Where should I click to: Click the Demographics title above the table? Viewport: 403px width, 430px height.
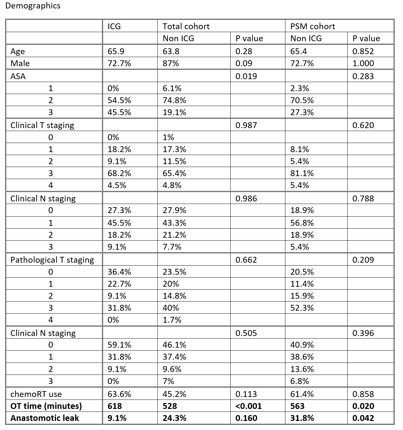click(x=33, y=6)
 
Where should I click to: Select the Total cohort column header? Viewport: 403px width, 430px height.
click(x=186, y=26)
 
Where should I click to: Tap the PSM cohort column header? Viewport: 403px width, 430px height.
click(x=313, y=26)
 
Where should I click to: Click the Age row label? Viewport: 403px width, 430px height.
click(x=17, y=51)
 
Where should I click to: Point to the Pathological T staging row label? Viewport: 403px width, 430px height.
click(x=52, y=260)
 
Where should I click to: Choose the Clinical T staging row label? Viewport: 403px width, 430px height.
click(x=42, y=125)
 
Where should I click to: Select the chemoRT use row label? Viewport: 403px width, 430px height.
click(x=36, y=394)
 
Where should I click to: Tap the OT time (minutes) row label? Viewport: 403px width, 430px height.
click(x=46, y=406)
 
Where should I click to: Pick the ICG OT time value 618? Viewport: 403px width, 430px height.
click(x=114, y=406)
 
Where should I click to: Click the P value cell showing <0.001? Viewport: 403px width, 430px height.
click(x=248, y=406)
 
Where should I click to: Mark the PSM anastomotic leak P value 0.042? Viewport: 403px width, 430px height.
click(x=363, y=418)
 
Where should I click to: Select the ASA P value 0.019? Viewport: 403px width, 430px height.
click(x=246, y=76)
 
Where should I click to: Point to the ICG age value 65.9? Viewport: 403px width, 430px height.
click(x=115, y=51)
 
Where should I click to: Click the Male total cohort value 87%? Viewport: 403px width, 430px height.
click(x=171, y=63)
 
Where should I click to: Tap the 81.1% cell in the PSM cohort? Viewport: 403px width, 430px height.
click(x=302, y=173)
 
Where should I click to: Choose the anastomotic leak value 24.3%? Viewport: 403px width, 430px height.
click(x=174, y=418)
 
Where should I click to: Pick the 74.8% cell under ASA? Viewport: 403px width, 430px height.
click(x=174, y=100)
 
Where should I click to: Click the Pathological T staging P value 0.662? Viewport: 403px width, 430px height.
click(x=246, y=260)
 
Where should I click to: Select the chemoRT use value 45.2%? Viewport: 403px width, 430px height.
click(x=174, y=394)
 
